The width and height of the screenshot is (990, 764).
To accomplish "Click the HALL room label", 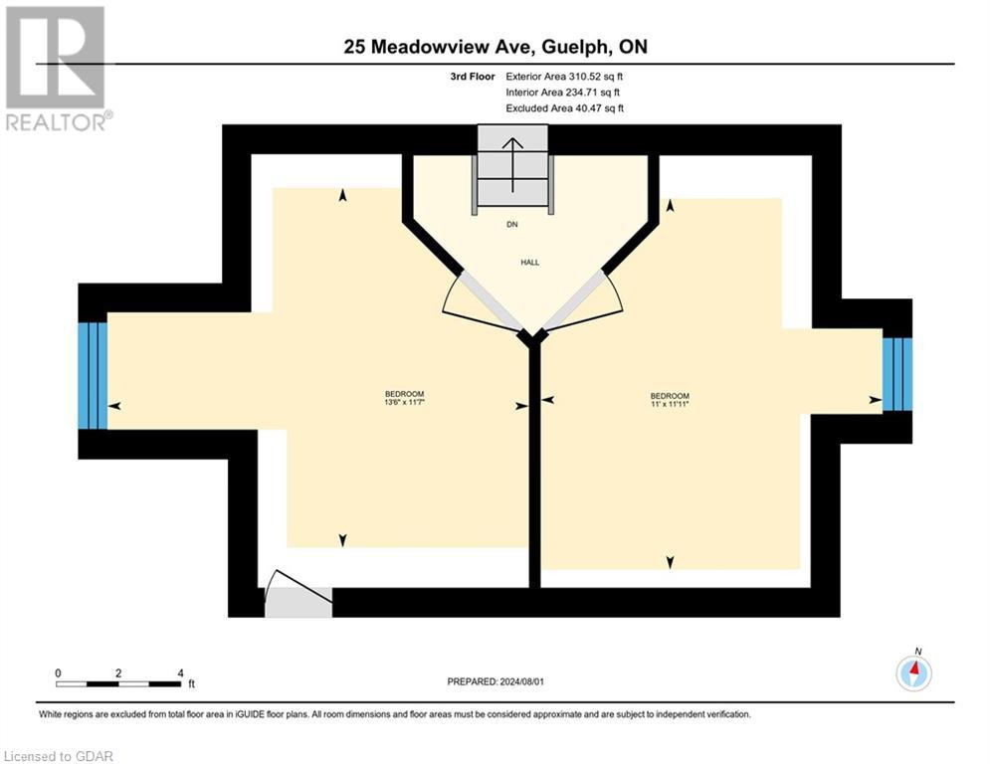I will point(529,263).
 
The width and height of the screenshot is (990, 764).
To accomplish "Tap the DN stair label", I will point(512,225).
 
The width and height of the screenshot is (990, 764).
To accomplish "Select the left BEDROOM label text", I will point(405,394).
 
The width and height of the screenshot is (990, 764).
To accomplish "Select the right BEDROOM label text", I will point(669,395).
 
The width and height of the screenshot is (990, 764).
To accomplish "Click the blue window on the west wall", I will point(93,374).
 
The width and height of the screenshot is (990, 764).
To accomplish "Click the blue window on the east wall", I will point(896,374).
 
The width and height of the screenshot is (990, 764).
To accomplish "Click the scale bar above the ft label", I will point(118,684).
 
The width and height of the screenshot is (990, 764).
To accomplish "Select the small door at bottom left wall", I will point(297,600).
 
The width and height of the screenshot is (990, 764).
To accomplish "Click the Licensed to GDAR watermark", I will point(60,756).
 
